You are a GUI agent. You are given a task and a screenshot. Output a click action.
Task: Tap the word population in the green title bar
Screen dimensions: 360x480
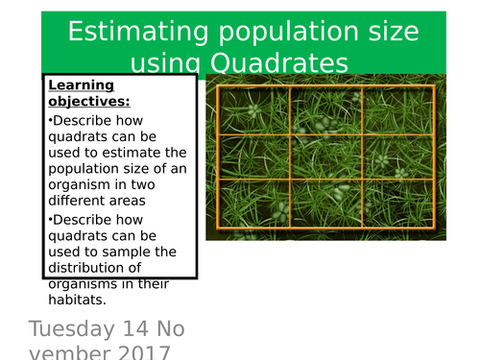(x=270, y=32)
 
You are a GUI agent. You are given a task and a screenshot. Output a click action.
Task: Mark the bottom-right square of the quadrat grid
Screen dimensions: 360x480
(x=396, y=202)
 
